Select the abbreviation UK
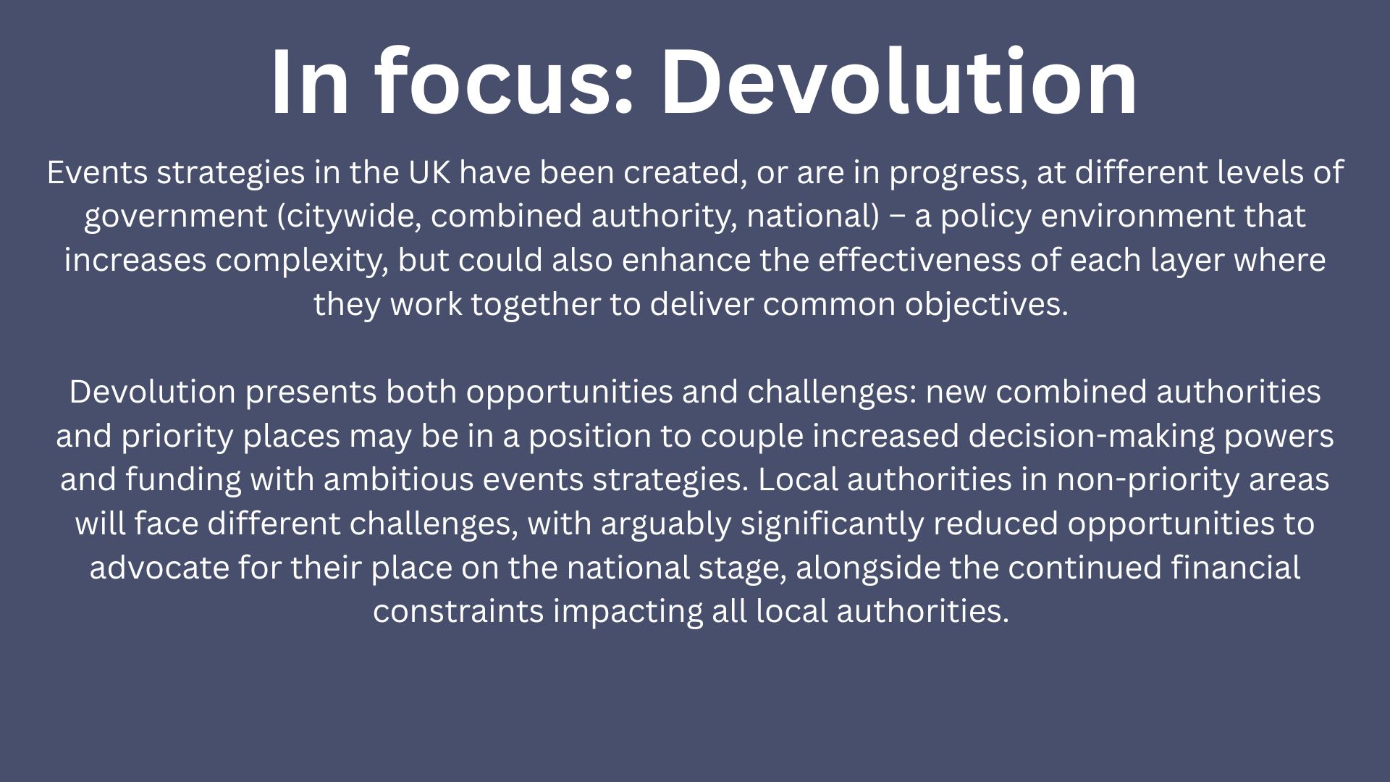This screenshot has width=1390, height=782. pyautogui.click(x=429, y=172)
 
